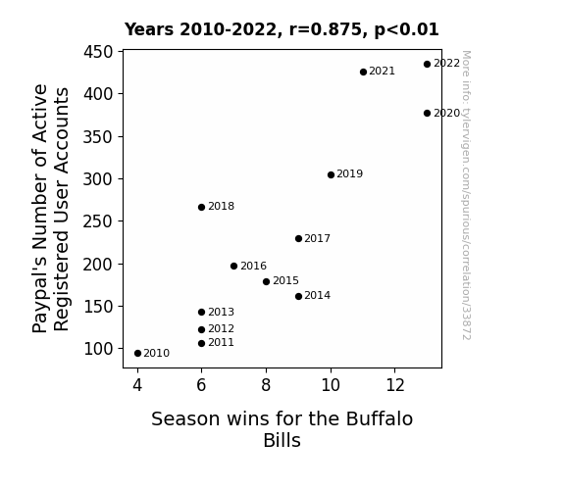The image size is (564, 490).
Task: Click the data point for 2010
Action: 137,354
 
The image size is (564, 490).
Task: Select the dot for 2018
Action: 201,208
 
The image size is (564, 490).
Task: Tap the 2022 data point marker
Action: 427,65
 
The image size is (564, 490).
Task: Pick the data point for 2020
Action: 427,114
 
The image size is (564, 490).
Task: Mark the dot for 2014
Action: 298,297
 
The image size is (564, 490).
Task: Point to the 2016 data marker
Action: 233,266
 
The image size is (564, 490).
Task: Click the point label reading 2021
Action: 382,72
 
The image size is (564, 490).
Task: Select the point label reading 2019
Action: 350,174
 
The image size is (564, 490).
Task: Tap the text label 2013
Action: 222,312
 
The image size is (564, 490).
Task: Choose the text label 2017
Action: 317,238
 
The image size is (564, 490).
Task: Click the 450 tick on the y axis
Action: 98,52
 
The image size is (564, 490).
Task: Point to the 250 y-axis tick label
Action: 98,221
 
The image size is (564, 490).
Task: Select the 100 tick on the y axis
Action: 98,349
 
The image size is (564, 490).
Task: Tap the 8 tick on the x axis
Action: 266,386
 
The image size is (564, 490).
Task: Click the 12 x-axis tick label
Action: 395,386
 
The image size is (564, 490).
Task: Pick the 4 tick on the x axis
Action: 137,386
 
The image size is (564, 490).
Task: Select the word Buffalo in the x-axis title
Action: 380,419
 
